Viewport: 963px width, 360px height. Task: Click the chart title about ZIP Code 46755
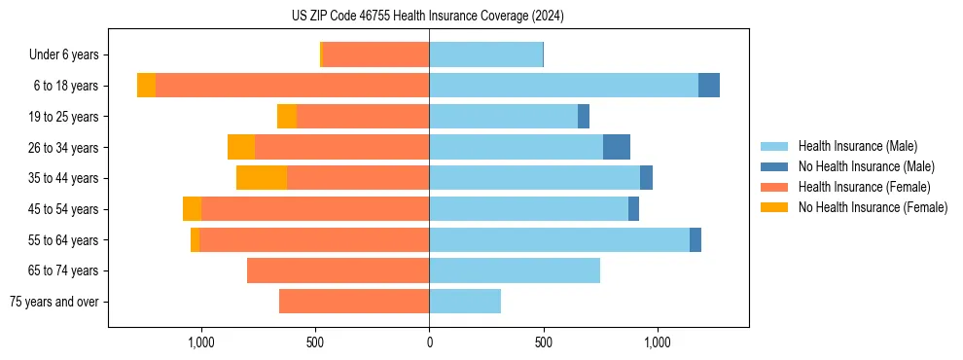pyautogui.click(x=428, y=17)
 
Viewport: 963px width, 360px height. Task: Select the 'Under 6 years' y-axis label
pyautogui.click(x=64, y=55)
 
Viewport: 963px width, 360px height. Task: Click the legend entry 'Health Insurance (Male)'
pyautogui.click(x=857, y=147)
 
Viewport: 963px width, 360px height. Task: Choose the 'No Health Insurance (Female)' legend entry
pyautogui.click(x=873, y=207)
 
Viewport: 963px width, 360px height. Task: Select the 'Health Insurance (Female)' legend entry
pyautogui.click(x=865, y=187)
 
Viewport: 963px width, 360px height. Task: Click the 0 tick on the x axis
pyautogui.click(x=429, y=343)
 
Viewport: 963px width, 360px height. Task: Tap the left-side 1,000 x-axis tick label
pyautogui.click(x=200, y=343)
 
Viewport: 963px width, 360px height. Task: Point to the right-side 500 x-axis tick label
pyautogui.click(x=543, y=343)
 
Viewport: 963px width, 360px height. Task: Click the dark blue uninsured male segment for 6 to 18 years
pyautogui.click(x=709, y=86)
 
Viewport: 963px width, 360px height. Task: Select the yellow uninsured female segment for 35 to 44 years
pyautogui.click(x=262, y=178)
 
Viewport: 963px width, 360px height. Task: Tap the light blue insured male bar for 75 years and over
pyautogui.click(x=465, y=302)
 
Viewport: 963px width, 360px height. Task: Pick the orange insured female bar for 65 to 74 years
pyautogui.click(x=338, y=270)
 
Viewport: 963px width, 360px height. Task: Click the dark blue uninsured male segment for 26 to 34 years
pyautogui.click(x=617, y=147)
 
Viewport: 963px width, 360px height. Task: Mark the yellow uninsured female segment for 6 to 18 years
pyautogui.click(x=146, y=86)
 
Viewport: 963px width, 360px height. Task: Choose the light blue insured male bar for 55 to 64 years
pyautogui.click(x=559, y=239)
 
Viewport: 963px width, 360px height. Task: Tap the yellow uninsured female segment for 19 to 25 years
pyautogui.click(x=287, y=117)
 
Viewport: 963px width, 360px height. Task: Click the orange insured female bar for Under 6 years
pyautogui.click(x=375, y=55)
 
